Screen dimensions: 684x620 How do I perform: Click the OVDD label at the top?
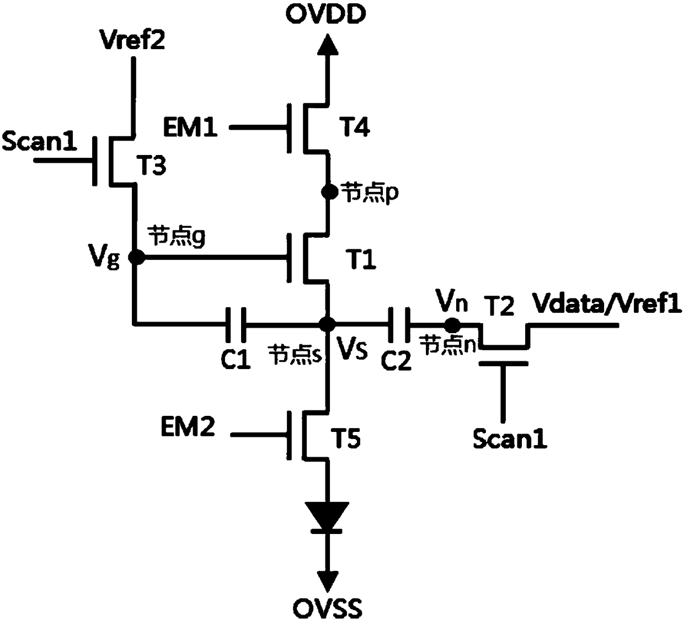click(x=325, y=14)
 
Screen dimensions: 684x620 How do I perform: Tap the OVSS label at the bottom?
click(x=328, y=607)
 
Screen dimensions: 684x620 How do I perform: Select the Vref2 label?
click(x=132, y=39)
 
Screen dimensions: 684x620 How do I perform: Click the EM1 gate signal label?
click(x=190, y=128)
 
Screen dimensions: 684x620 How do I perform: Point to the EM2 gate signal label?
click(x=188, y=427)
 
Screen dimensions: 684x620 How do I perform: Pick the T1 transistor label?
click(x=361, y=259)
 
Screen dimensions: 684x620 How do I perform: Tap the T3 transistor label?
click(x=151, y=165)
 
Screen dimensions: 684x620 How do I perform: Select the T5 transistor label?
click(x=346, y=438)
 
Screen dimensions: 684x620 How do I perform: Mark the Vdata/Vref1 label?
click(x=607, y=303)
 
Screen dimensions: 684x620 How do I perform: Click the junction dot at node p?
click(x=329, y=192)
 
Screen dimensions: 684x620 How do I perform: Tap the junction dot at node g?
click(x=136, y=257)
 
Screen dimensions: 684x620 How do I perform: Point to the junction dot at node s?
click(x=327, y=324)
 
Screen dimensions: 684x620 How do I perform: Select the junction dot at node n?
click(x=452, y=325)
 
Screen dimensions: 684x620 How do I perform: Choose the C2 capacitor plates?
click(x=399, y=325)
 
